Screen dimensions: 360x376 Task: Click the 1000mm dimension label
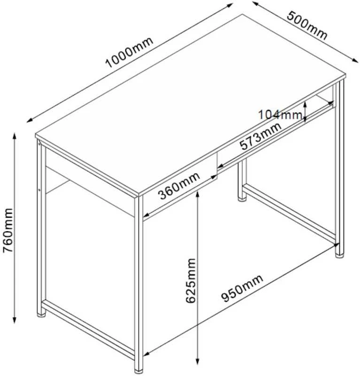(x=129, y=52)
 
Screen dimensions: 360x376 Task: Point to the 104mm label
(x=280, y=115)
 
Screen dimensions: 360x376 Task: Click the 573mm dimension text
(x=260, y=136)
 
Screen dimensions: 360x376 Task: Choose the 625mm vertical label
(x=191, y=281)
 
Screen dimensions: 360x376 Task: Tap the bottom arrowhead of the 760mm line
(x=15, y=320)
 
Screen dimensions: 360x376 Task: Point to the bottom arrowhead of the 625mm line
(x=198, y=361)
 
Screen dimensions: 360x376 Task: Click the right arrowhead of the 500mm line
(x=355, y=60)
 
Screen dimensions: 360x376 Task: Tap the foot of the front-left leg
(x=41, y=315)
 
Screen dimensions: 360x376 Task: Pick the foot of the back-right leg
(x=339, y=256)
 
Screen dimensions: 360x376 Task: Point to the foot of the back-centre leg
(x=242, y=199)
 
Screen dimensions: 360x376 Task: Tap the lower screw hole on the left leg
(x=39, y=190)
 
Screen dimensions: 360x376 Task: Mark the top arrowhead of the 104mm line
(x=305, y=104)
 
